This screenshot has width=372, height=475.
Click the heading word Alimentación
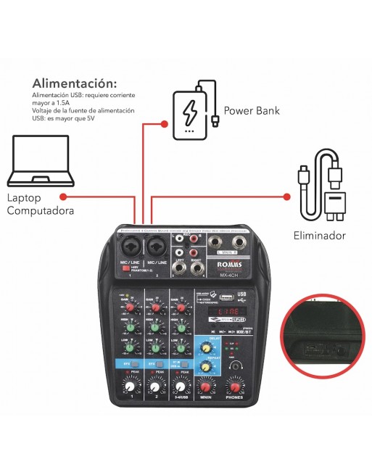click(74, 83)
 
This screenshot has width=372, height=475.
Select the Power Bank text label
click(252, 111)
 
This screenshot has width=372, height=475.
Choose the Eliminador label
click(318, 236)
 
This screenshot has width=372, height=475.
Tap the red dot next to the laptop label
click(63, 196)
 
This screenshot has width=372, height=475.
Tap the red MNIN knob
click(206, 384)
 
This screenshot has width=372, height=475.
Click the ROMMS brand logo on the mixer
click(227, 265)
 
